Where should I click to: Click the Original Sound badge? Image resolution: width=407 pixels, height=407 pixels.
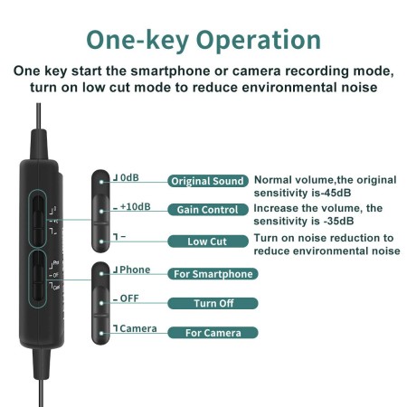208,181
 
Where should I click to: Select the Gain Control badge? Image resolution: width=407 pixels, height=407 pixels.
208,210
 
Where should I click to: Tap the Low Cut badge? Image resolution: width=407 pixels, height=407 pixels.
208,241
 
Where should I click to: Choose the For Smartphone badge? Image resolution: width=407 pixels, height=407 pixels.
213,274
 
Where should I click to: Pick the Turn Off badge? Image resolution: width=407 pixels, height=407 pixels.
213,303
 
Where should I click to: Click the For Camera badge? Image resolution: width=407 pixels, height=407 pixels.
213,333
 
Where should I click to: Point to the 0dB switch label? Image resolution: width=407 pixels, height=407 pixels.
129,177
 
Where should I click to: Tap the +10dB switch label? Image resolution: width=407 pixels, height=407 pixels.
136,206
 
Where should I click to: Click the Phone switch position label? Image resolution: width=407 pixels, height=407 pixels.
135,270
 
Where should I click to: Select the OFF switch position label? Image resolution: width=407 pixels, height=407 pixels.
129,298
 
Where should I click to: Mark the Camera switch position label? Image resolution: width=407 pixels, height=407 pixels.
138,328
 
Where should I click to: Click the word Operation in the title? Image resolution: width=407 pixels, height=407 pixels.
259,41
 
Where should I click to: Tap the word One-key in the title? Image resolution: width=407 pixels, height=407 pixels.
137,41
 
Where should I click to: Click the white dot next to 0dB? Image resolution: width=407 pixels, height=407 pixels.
101,182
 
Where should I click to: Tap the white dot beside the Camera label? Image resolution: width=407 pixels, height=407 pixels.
101,333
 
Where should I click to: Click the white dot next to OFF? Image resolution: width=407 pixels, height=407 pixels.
101,303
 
